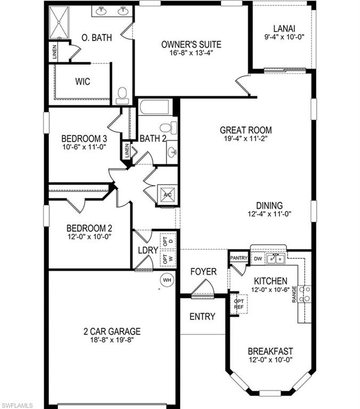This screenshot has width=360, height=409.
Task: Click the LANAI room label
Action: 284,29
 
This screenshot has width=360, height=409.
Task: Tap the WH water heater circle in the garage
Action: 167,280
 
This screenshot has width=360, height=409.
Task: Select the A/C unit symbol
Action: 167,195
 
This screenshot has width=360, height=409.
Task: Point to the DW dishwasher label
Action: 257,259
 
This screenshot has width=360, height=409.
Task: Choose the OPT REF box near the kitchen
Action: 239,304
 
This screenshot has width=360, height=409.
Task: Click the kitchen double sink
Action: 275,259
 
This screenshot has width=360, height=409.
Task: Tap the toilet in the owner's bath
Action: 122,95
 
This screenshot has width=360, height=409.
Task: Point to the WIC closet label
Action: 83,82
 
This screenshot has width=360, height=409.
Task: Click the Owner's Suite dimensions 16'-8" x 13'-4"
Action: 191,54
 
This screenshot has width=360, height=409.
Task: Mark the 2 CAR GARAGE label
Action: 112,331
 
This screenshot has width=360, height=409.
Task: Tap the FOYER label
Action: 203,272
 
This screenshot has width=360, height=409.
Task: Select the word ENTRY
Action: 202,316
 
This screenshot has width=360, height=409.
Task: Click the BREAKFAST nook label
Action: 271,351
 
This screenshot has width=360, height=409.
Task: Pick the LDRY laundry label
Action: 148,250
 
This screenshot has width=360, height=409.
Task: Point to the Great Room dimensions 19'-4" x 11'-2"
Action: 246,140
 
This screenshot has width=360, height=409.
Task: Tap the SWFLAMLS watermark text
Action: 18,404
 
